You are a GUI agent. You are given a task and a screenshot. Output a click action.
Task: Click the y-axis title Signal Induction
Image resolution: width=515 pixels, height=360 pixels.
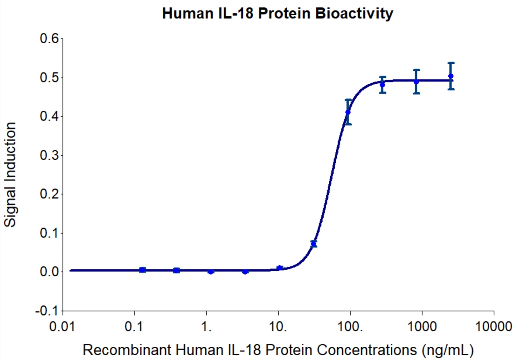coord(11,175)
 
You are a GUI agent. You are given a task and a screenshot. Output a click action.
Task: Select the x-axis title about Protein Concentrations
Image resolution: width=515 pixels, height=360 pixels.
coord(278,350)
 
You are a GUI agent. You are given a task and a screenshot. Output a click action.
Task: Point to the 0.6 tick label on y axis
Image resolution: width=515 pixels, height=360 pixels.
coord(49,39)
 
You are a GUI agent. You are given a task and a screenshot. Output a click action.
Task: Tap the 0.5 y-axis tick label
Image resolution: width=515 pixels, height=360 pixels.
coord(49,78)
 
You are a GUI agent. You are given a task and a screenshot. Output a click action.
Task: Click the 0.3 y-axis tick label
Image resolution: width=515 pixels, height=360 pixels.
coord(49,155)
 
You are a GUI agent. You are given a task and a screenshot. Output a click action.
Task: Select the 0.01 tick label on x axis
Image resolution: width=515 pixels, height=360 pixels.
coord(63,326)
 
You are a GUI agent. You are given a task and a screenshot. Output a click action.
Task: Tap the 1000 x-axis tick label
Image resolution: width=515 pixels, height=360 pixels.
coord(422,326)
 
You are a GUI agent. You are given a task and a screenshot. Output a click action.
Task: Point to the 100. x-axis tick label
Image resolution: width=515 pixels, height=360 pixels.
coord(350,326)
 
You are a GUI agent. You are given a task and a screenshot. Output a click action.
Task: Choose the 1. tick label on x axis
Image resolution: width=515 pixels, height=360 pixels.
coord(207,326)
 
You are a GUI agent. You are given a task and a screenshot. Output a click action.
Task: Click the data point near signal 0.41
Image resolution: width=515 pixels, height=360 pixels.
coord(348,112)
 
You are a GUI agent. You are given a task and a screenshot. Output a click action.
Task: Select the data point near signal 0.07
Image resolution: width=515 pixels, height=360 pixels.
coord(314,244)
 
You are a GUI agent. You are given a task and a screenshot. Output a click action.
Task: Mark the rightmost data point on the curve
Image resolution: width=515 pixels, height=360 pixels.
coord(451,76)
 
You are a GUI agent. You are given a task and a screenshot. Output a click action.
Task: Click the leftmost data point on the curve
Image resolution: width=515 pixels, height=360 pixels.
coord(143,270)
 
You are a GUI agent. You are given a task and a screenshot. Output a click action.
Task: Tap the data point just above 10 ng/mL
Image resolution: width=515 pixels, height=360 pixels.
coord(280,268)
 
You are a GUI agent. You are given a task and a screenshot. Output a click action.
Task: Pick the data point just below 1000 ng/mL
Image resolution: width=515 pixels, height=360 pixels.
coord(416,81)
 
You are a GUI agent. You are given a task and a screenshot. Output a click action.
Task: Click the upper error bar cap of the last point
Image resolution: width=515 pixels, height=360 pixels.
coord(451,63)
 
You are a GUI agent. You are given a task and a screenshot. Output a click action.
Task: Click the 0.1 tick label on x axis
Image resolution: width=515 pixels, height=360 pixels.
coord(135,326)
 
